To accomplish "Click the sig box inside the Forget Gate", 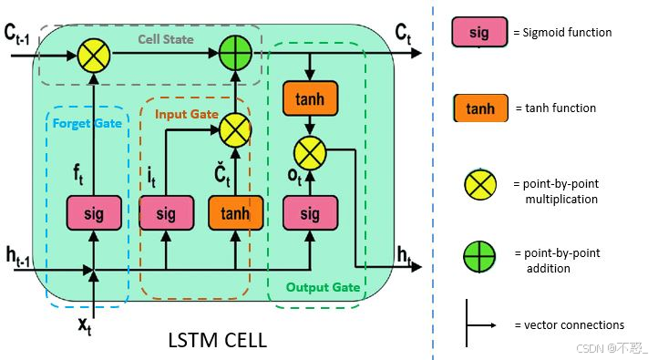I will tap(94, 213).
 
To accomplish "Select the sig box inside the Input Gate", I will tap(165, 213).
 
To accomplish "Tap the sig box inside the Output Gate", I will tap(311, 213).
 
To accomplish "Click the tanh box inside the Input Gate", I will tap(235, 213).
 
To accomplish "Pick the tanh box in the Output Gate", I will tap(311, 96).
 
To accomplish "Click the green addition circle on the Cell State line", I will tap(235, 55).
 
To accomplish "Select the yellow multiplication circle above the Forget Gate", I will tap(94, 55).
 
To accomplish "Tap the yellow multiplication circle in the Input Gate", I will tap(235, 130).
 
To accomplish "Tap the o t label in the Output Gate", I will tap(294, 175).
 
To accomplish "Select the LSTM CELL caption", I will tap(217, 341).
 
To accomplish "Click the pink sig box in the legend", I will tap(479, 33).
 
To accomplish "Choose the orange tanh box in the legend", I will tap(479, 108).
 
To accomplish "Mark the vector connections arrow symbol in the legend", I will tap(479, 324).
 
